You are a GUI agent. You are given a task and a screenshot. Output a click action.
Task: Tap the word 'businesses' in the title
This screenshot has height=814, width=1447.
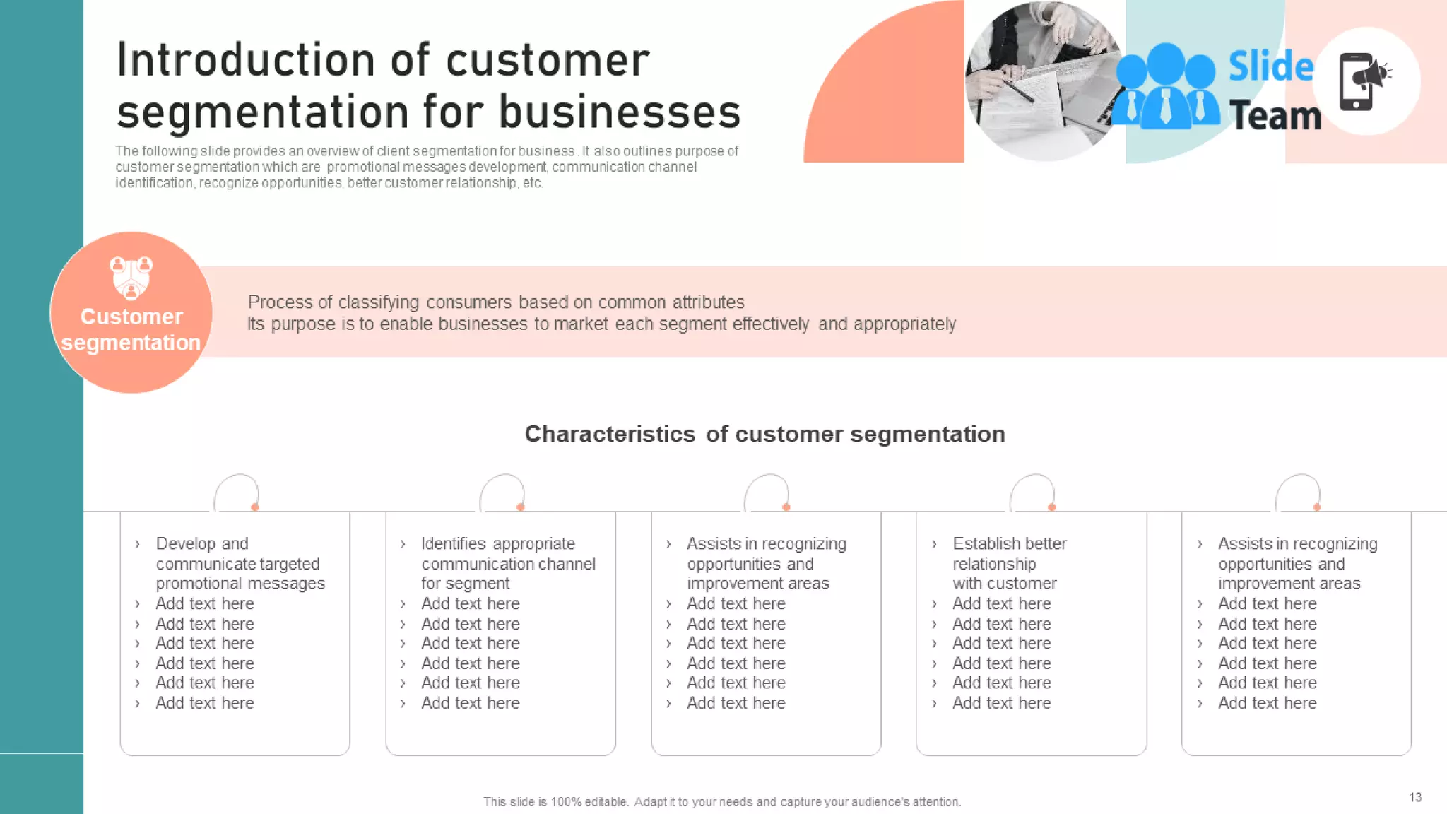point(620,112)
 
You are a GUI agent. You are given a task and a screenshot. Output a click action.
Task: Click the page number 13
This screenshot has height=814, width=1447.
point(1414,797)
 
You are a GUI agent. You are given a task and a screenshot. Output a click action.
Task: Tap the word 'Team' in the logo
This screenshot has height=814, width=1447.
point(1275,115)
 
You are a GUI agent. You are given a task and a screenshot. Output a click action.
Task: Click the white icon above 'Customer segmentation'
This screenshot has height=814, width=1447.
point(131,278)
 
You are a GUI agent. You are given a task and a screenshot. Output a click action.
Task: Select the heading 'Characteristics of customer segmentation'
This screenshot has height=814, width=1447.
point(764,434)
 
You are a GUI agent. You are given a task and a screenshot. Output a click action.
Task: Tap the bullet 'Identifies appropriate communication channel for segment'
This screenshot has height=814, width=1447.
point(507,563)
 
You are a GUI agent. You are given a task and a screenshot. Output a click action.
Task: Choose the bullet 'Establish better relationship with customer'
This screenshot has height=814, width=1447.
point(1008,563)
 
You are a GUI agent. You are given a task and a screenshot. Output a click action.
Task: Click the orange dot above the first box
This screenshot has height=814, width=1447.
point(255,507)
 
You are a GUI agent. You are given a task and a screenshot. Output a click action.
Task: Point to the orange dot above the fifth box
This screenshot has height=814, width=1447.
point(1317,507)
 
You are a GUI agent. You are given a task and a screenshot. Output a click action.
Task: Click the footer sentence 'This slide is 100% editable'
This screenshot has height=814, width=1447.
point(721,802)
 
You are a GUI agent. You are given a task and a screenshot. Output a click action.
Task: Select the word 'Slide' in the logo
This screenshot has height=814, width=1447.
point(1270,66)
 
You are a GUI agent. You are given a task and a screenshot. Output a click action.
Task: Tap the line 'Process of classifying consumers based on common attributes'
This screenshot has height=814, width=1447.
point(495,302)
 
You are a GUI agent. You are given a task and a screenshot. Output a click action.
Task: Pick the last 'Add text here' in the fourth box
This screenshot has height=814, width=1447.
point(1001,703)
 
